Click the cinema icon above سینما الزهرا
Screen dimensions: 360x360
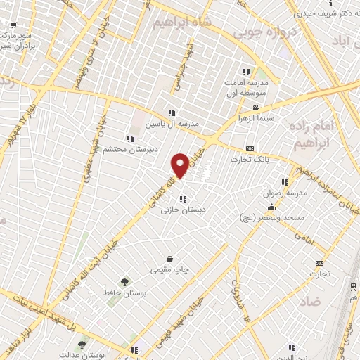pyautogui.click(x=256, y=108)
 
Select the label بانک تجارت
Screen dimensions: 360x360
pyautogui.click(x=249, y=159)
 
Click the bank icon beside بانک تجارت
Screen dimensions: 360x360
pyautogui.click(x=250, y=148)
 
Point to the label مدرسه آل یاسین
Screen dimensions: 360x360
pyautogui.click(x=172, y=123)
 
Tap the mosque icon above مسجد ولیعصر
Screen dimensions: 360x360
pyautogui.click(x=272, y=207)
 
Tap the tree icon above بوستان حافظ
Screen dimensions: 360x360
pyautogui.click(x=124, y=281)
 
